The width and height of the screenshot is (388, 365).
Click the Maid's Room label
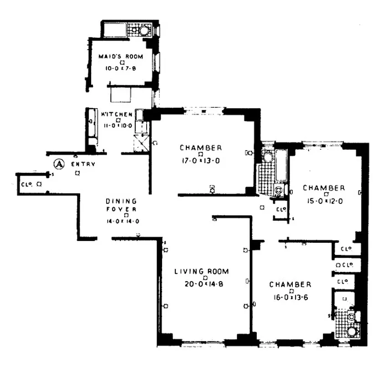coord(121,57)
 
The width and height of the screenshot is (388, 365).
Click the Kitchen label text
coord(117,114)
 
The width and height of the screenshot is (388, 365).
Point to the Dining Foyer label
coord(121,205)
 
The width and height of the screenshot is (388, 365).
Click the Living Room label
coord(202,271)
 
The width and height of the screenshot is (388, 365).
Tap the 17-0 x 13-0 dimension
coord(200,160)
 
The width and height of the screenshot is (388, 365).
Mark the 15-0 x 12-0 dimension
coord(324,200)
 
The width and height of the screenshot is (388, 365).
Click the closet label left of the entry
coord(26,184)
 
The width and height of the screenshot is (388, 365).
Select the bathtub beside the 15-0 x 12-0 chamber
coord(281,164)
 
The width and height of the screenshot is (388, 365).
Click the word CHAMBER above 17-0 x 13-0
coord(201,148)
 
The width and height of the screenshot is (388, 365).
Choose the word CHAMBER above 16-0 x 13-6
coord(291,285)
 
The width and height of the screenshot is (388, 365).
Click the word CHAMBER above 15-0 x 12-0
coord(324,188)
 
